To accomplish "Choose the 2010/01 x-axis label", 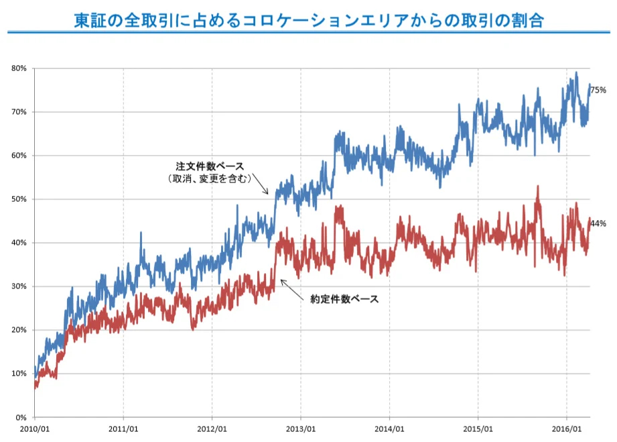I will (x=34, y=428).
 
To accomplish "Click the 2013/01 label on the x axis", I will (x=300, y=428).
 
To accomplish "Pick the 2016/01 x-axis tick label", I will (x=566, y=428).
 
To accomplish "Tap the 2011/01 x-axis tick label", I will (x=123, y=428).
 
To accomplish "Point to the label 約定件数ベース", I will (x=344, y=300).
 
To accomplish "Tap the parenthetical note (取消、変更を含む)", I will (x=209, y=178).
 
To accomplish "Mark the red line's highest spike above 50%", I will (x=537, y=187).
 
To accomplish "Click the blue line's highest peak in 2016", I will (x=576, y=73).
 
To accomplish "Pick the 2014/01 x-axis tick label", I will (x=389, y=428).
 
